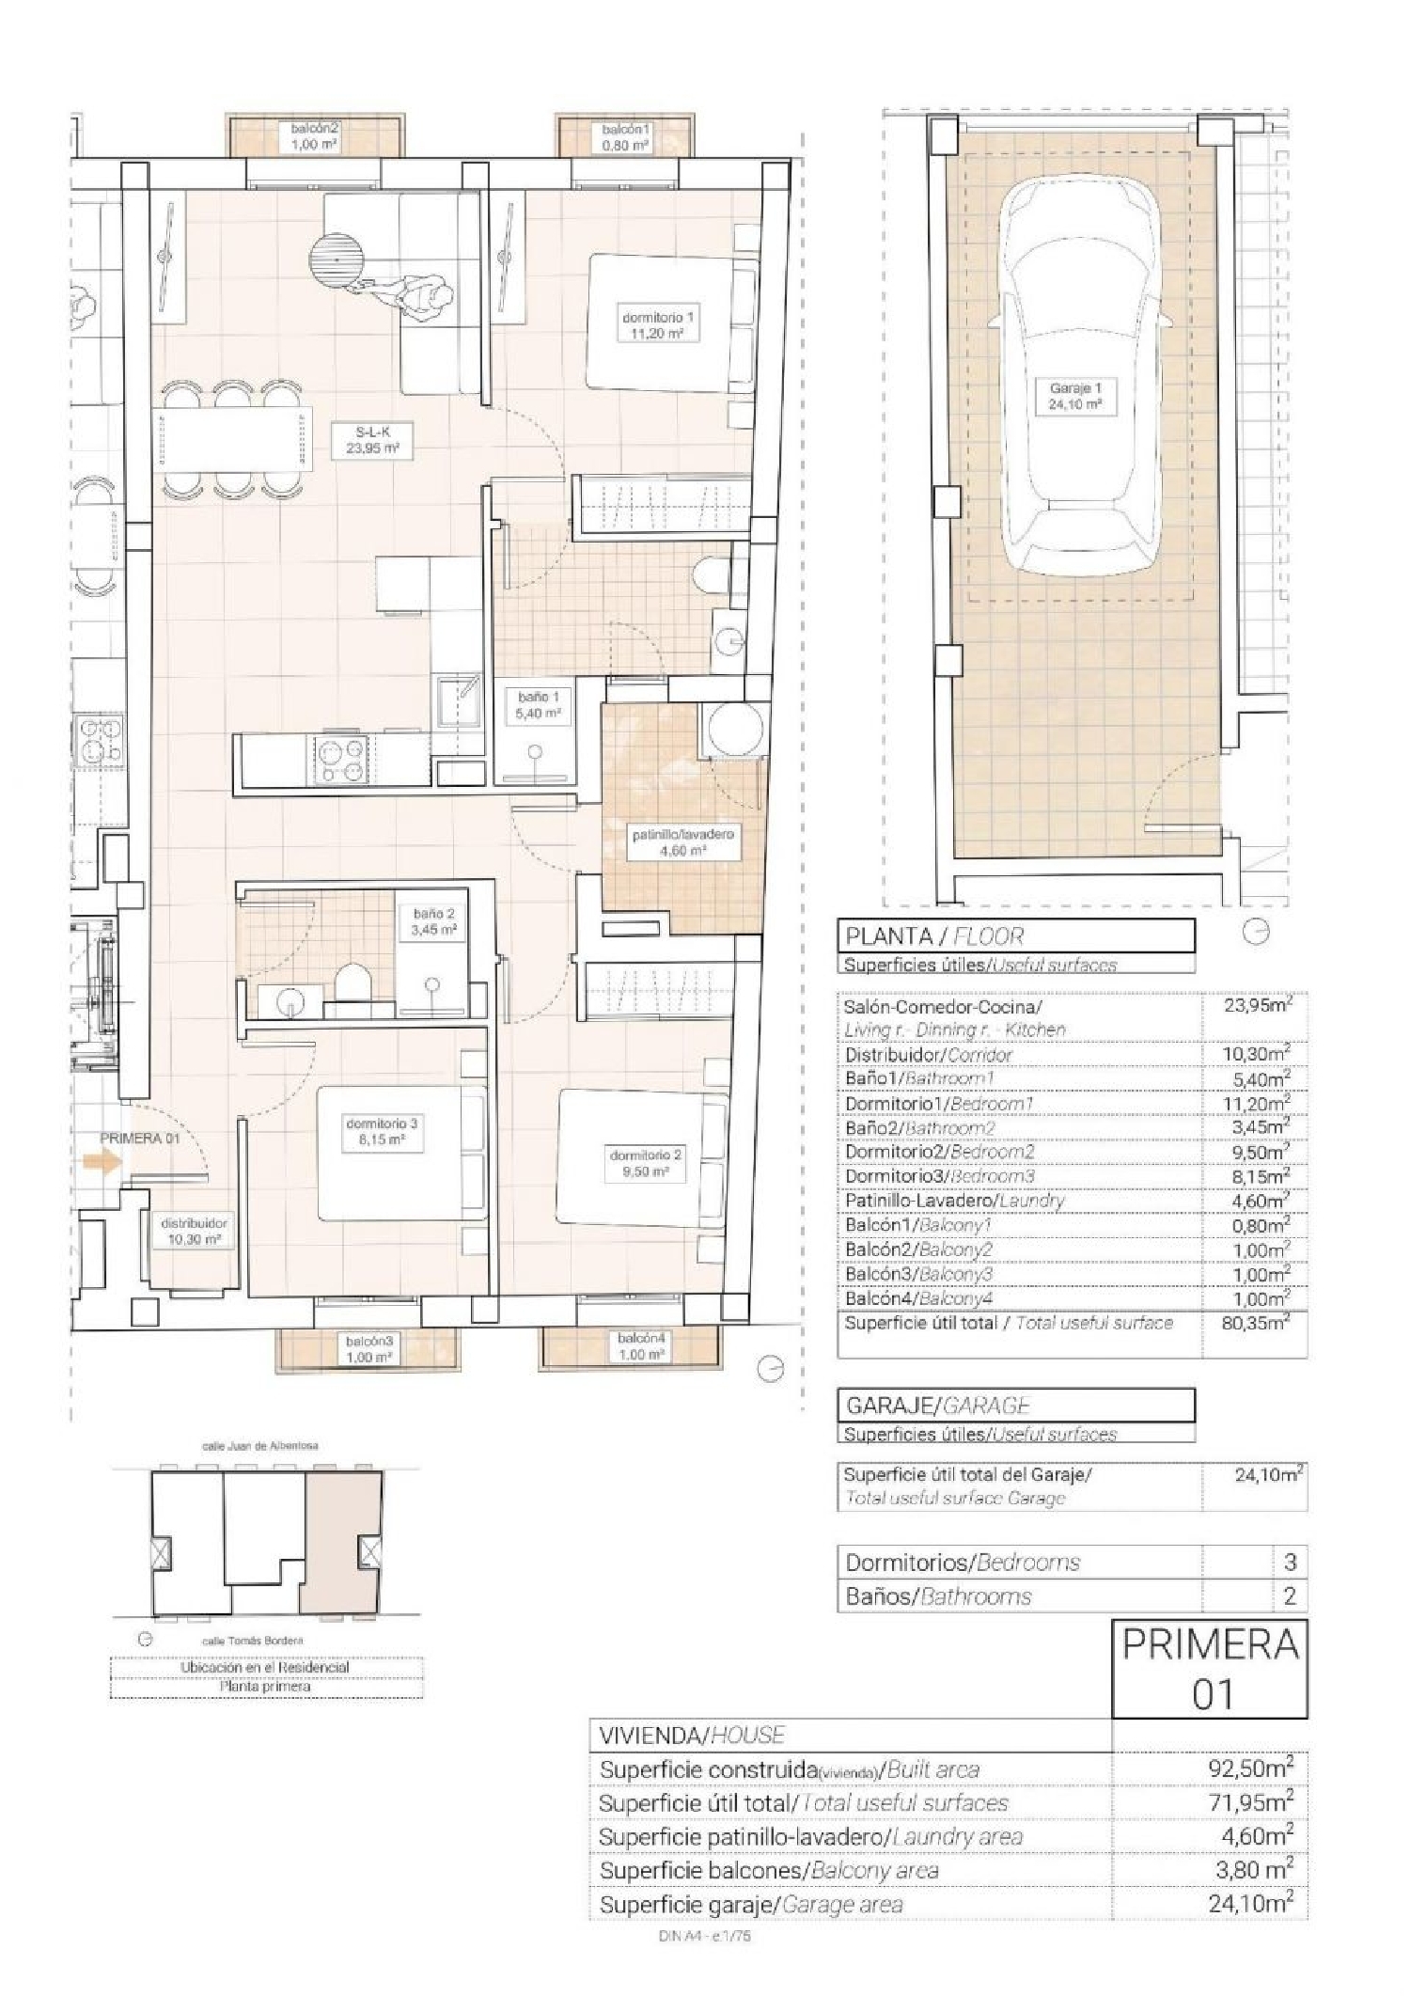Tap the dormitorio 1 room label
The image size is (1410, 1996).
pos(658,325)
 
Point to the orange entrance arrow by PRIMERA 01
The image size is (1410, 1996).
pos(102,1162)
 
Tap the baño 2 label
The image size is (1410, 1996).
pos(433,921)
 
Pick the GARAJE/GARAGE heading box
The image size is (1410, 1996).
pos(1015,1406)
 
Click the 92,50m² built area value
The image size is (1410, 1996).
pos(1250,1769)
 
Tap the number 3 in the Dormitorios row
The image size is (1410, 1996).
pos(1290,1563)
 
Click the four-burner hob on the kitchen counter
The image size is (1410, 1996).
pos(342,762)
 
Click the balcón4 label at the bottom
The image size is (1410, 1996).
pos(641,1346)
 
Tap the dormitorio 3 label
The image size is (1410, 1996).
pos(381,1131)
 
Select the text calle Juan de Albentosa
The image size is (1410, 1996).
pos(259,1446)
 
